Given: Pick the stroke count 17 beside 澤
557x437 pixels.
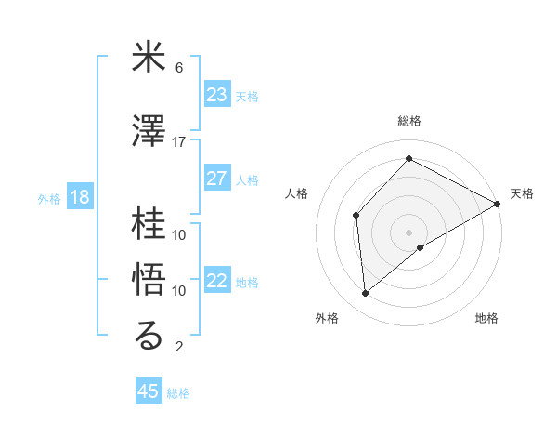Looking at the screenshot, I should pyautogui.click(x=179, y=142).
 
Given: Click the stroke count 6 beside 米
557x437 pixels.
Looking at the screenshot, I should pyautogui.click(x=179, y=68).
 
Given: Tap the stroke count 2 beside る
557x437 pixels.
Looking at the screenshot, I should pyautogui.click(x=179, y=347).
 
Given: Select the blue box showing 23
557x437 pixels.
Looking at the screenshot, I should pyautogui.click(x=217, y=95).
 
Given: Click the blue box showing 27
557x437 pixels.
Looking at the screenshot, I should pyautogui.click(x=217, y=179).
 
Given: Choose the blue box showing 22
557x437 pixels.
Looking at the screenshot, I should pyautogui.click(x=217, y=281).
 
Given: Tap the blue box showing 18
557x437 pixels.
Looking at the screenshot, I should pyautogui.click(x=79, y=197).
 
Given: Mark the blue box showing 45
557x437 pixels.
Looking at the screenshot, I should pyautogui.click(x=149, y=391).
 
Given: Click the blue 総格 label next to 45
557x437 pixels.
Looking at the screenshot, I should pyautogui.click(x=178, y=393).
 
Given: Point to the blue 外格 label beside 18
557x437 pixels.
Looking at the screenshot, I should pyautogui.click(x=49, y=198).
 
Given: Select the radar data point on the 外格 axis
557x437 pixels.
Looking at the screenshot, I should pyautogui.click(x=366, y=294).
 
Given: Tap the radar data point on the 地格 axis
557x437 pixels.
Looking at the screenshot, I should pyautogui.click(x=421, y=247).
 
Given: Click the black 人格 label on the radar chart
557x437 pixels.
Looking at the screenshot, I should pyautogui.click(x=296, y=193).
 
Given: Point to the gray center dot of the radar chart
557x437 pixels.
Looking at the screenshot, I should pyautogui.click(x=408, y=231).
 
